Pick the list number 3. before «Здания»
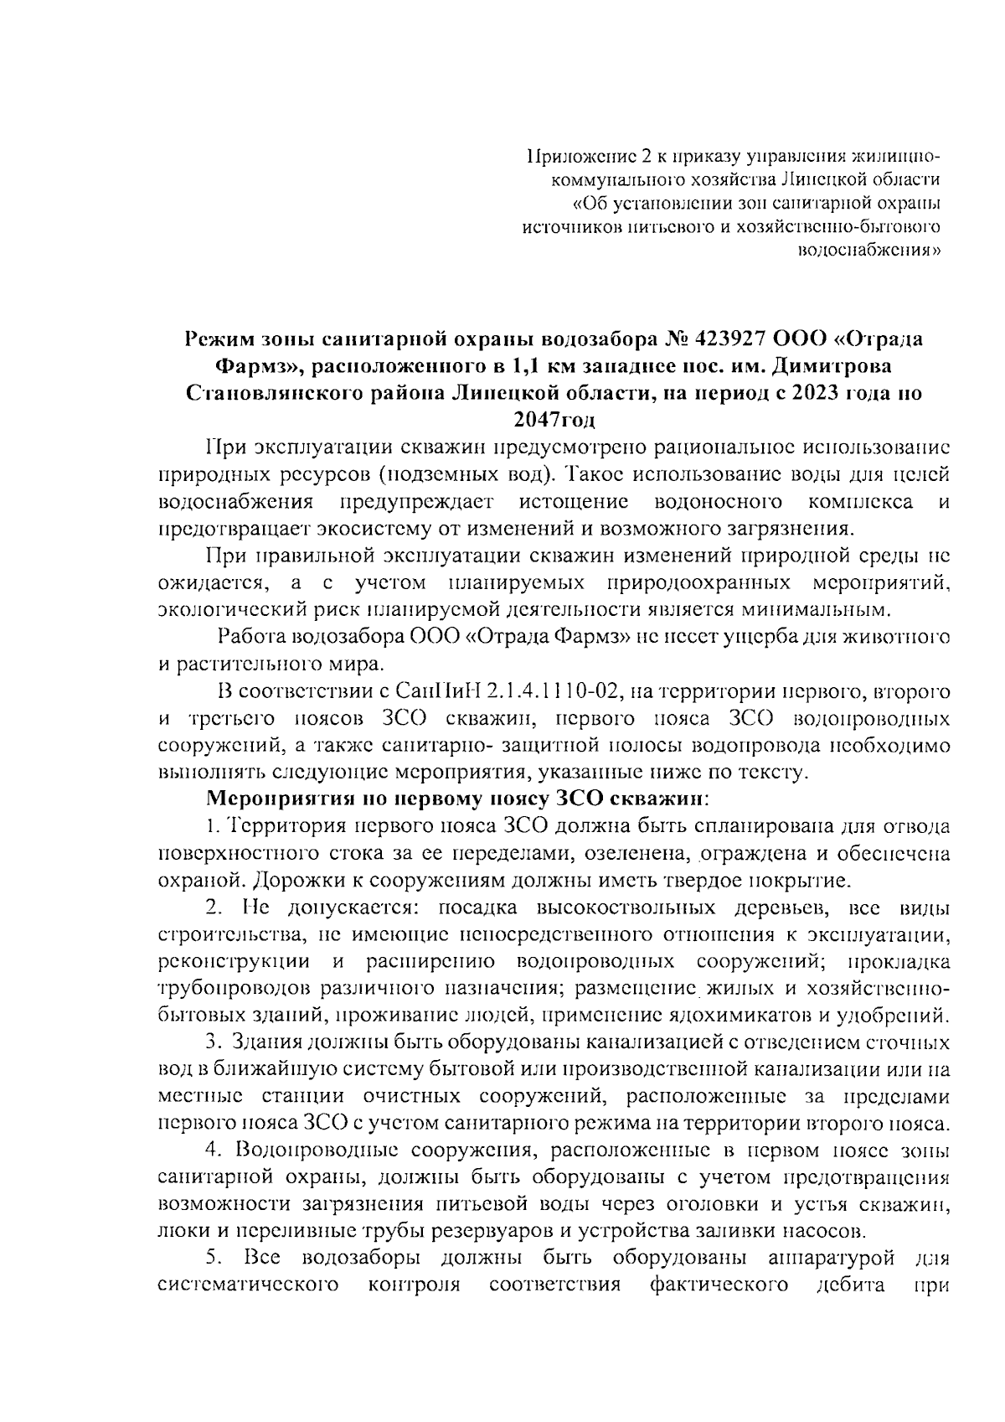coord(214,1043)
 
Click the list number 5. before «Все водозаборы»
coord(214,1258)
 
